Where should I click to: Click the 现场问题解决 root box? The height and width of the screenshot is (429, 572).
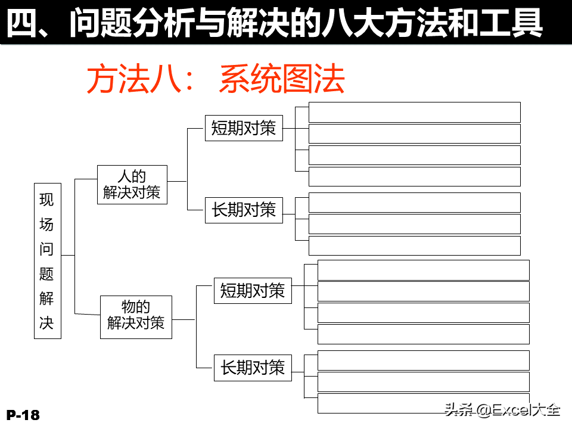[48, 261]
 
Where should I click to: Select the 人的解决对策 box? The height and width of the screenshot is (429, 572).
[132, 185]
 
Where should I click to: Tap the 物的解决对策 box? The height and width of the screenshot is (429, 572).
[136, 317]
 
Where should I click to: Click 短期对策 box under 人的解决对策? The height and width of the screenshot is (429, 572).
[244, 128]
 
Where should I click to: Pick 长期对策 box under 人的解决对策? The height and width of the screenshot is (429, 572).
[244, 210]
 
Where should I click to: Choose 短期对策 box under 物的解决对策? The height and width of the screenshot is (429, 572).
[253, 291]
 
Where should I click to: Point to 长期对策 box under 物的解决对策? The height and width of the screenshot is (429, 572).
[253, 368]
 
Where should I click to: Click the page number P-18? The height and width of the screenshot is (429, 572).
[23, 415]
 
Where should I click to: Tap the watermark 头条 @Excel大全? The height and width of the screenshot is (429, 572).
[502, 410]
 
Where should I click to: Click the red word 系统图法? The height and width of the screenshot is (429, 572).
[282, 79]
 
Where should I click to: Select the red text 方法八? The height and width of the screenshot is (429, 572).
[134, 79]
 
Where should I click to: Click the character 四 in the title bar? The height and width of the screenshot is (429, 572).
[22, 23]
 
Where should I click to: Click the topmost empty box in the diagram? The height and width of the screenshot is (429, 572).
[415, 113]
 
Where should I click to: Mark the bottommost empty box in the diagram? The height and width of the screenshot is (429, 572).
[424, 403]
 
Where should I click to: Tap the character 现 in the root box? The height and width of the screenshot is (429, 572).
[46, 200]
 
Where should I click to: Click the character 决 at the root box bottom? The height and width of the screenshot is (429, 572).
[46, 323]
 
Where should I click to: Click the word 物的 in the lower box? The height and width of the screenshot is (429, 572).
[136, 307]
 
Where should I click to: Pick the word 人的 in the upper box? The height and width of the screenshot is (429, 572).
[132, 176]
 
